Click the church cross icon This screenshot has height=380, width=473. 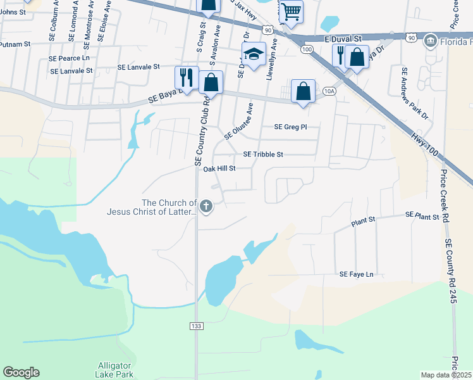point(206,206)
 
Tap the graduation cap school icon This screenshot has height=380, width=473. point(254,55)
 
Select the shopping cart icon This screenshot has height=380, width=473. point(291,11)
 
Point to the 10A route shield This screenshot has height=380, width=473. point(328,91)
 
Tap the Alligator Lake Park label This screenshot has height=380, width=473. point(114,370)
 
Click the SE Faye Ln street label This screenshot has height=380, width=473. point(357,274)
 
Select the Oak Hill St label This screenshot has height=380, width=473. point(219,169)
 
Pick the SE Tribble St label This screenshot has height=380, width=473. point(263,154)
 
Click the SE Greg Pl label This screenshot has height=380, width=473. point(290,127)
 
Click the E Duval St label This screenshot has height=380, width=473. point(341,39)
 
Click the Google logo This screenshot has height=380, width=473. point(21,372)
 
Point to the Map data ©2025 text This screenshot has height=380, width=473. point(446,375)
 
